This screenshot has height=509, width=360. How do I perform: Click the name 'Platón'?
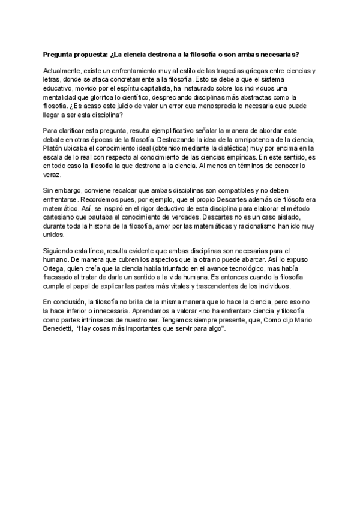pyautogui.click(x=55, y=146)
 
